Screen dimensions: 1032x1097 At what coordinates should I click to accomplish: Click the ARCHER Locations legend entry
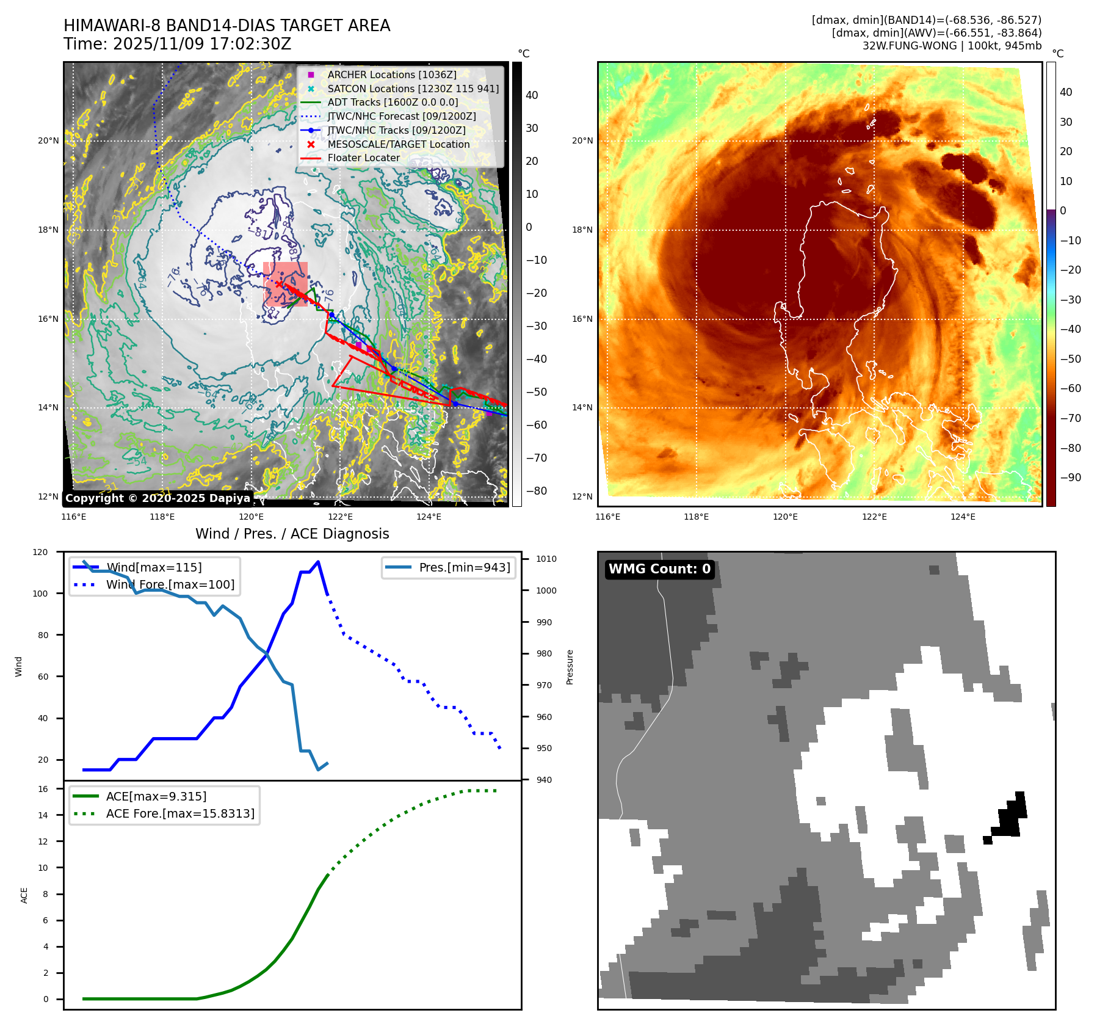tap(391, 74)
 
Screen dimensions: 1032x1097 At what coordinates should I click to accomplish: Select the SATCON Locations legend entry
tap(413, 89)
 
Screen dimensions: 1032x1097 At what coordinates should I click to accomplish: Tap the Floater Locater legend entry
tap(363, 158)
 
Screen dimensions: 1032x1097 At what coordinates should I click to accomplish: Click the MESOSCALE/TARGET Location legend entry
tap(398, 144)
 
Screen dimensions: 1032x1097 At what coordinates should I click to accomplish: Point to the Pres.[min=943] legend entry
tap(464, 567)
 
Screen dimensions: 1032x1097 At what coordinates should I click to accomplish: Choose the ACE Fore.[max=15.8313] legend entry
tap(180, 813)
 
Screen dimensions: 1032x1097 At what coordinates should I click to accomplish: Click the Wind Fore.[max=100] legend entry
tap(170, 584)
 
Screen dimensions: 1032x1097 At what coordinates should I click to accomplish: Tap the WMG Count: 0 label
tap(659, 569)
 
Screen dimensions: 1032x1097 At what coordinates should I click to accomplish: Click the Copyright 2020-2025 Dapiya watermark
tap(157, 498)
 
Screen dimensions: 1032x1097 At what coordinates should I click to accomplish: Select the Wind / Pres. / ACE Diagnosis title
tap(292, 534)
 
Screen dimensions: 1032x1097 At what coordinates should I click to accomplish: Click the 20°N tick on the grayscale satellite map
tap(49, 140)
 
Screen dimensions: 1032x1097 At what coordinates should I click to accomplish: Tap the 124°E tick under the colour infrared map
tap(963, 517)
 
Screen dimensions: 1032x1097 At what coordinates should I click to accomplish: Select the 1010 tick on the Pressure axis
tap(546, 559)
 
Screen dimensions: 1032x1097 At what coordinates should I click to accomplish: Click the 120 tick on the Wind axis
tap(40, 552)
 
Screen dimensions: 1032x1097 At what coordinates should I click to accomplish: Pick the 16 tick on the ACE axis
tap(43, 789)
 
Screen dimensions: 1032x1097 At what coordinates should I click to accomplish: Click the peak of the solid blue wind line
tap(318, 562)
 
